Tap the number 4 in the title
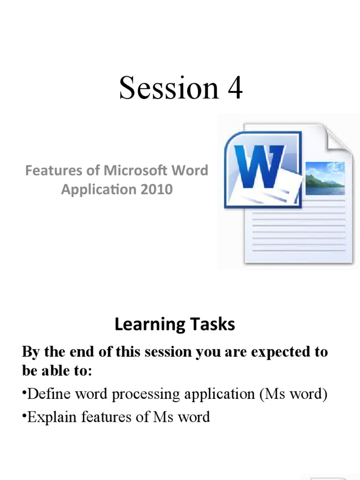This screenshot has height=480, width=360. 234,88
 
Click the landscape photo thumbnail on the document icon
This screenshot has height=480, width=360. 325,178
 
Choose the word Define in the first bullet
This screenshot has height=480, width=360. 48,394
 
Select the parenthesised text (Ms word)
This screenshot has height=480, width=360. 293,394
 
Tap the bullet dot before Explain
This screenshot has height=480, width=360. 24,414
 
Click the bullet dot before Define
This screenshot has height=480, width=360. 24,391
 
